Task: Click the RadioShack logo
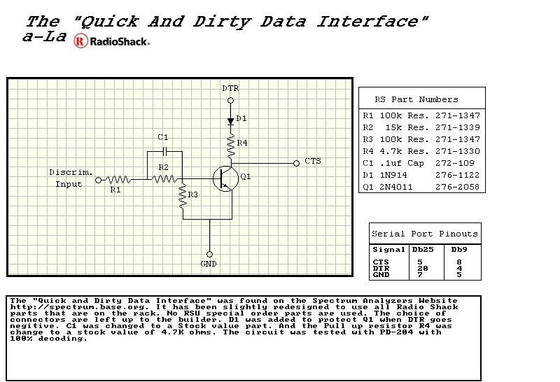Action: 112,41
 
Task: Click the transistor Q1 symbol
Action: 225,178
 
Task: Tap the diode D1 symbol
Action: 231,121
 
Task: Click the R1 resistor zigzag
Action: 118,180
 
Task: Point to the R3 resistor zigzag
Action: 183,196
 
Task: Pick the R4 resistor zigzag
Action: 231,146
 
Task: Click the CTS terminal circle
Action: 296,163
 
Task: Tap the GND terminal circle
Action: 209,254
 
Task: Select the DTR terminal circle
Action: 231,100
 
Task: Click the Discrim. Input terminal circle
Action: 98,180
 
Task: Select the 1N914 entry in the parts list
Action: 393,175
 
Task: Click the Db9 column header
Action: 459,250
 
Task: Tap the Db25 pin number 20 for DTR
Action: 423,269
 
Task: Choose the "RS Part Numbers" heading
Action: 416,99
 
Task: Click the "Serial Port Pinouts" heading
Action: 425,234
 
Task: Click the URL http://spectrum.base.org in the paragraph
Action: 78,307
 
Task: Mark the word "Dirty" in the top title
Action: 222,22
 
